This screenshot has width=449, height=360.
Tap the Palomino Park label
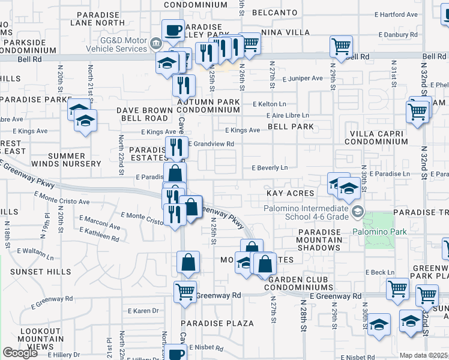(x=379, y=232)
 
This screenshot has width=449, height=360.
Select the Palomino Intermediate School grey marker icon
(x=358, y=211)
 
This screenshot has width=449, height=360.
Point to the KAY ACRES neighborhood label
(x=291, y=193)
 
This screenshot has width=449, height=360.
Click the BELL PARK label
(x=291, y=127)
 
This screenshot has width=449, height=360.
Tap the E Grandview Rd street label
(x=211, y=144)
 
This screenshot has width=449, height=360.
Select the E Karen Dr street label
(x=143, y=311)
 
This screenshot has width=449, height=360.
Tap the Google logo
(x=20, y=353)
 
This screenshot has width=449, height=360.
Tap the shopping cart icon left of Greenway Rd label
(x=185, y=292)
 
